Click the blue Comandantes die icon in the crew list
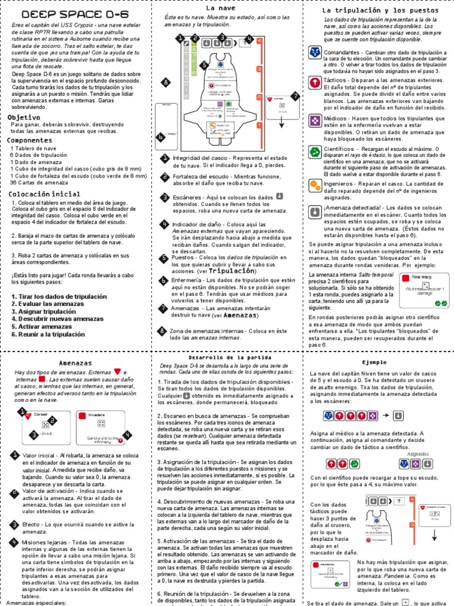pyautogui.click(x=315, y=54)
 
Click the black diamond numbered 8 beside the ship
pyautogui.click(x=167, y=82)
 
